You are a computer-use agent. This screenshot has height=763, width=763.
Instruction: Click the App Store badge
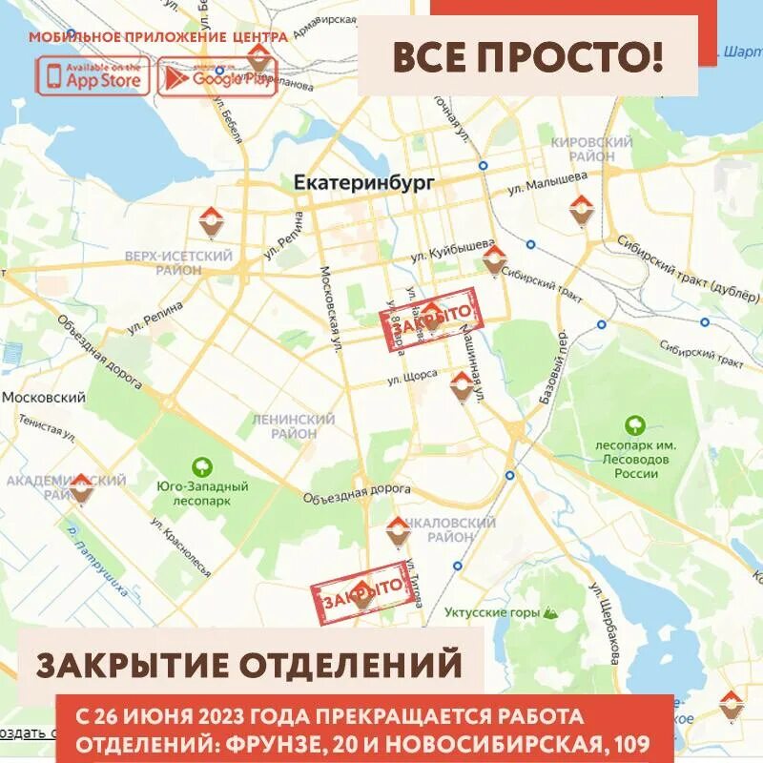point(93,76)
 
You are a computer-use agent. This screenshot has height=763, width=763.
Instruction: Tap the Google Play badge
point(217,77)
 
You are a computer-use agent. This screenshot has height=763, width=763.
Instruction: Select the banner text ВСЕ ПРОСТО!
point(527,57)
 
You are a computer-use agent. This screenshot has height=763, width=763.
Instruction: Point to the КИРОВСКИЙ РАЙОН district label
point(591,149)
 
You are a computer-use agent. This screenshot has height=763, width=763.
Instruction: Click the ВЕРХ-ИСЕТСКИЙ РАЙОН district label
point(178,263)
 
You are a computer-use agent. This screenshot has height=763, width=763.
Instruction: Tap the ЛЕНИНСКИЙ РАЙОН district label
point(293,426)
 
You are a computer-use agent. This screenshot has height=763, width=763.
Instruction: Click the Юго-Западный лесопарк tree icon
point(202,467)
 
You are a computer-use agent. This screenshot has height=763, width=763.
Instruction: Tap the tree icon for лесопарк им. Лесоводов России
point(631,424)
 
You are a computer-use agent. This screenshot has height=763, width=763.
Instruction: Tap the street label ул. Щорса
point(412,379)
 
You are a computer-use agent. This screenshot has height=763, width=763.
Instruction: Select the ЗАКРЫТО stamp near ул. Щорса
point(435,321)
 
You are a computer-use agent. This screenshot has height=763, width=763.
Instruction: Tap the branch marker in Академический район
point(81,487)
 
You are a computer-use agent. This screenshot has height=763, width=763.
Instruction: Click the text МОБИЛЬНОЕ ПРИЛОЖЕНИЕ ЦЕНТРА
point(157,37)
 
